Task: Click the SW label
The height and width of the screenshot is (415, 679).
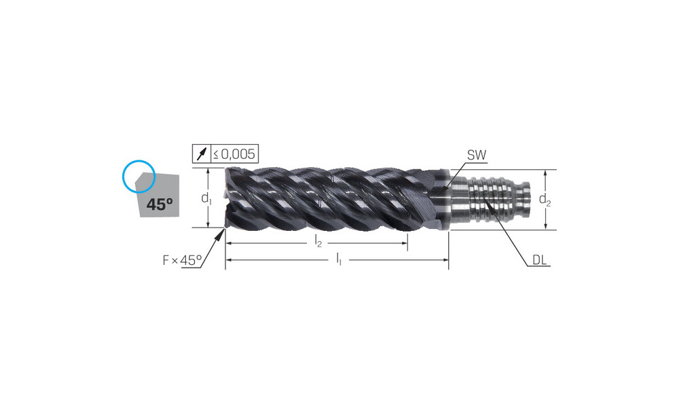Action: click(x=477, y=155)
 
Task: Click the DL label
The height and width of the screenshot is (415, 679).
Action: click(x=539, y=260)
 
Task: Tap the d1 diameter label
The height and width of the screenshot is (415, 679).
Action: click(x=206, y=198)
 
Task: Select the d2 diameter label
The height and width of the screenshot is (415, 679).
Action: click(x=545, y=200)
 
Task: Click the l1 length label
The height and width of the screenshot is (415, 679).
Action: click(x=339, y=259)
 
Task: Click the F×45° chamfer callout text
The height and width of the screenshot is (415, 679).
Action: click(x=182, y=260)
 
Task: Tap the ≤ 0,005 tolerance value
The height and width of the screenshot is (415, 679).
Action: click(x=234, y=154)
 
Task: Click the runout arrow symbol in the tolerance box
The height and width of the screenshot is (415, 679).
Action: click(x=202, y=154)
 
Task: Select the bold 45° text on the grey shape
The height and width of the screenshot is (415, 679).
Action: click(x=160, y=204)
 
